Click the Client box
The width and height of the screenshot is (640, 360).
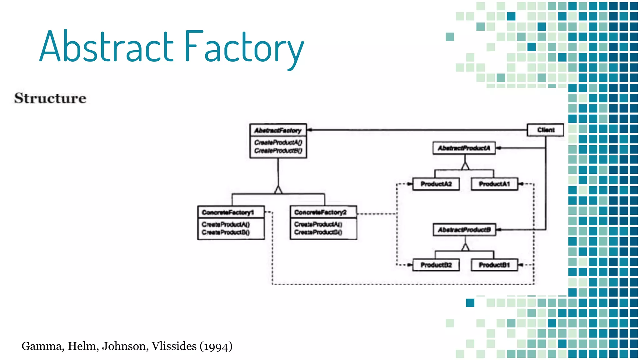tap(545, 130)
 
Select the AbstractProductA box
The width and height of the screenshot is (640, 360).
tap(464, 148)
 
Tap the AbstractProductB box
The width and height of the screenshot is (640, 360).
tap(464, 230)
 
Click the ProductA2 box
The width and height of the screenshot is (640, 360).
tap(436, 184)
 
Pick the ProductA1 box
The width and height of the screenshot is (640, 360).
tap(494, 184)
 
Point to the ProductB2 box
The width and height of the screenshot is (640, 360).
tap(436, 265)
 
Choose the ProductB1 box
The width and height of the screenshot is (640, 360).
tap(494, 265)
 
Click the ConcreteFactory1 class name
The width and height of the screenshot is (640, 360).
tap(228, 212)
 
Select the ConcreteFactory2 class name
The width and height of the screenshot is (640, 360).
tap(320, 212)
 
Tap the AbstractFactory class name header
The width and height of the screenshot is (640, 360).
tap(278, 131)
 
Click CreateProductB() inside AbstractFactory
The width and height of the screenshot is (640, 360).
tap(278, 151)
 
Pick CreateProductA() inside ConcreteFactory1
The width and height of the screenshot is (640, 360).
tap(226, 224)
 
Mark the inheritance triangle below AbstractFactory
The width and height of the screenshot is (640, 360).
tap(278, 190)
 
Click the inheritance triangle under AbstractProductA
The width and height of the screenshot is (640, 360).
tap(465, 166)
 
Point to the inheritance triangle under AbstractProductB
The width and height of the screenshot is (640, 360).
tap(465, 247)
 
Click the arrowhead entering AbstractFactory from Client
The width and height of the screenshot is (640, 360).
tap(310, 130)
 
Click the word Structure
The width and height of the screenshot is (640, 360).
tap(50, 98)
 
